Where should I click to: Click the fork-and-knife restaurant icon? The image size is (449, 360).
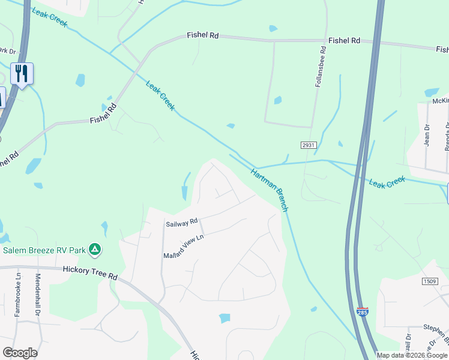pyautogui.click(x=22, y=74)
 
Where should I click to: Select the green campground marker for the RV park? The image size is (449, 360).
pyautogui.click(x=94, y=248)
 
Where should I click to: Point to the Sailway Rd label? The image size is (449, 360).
pyautogui.click(x=181, y=223)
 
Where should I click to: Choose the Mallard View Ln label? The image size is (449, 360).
pyautogui.click(x=184, y=247)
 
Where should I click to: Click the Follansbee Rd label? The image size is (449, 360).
pyautogui.click(x=318, y=66)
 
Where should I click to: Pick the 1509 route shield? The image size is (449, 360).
pyautogui.click(x=429, y=281)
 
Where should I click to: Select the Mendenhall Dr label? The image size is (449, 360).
pyautogui.click(x=37, y=295)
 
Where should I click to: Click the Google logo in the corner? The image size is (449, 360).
pyautogui.click(x=20, y=353)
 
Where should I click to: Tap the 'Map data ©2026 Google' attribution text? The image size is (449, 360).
pyautogui.click(x=412, y=355)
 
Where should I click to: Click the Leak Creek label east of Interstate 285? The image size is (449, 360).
pyautogui.click(x=388, y=182)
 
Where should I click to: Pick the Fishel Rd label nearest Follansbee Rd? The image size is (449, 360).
pyautogui.click(x=344, y=41)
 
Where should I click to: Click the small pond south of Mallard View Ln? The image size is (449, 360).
pyautogui.click(x=225, y=318)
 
